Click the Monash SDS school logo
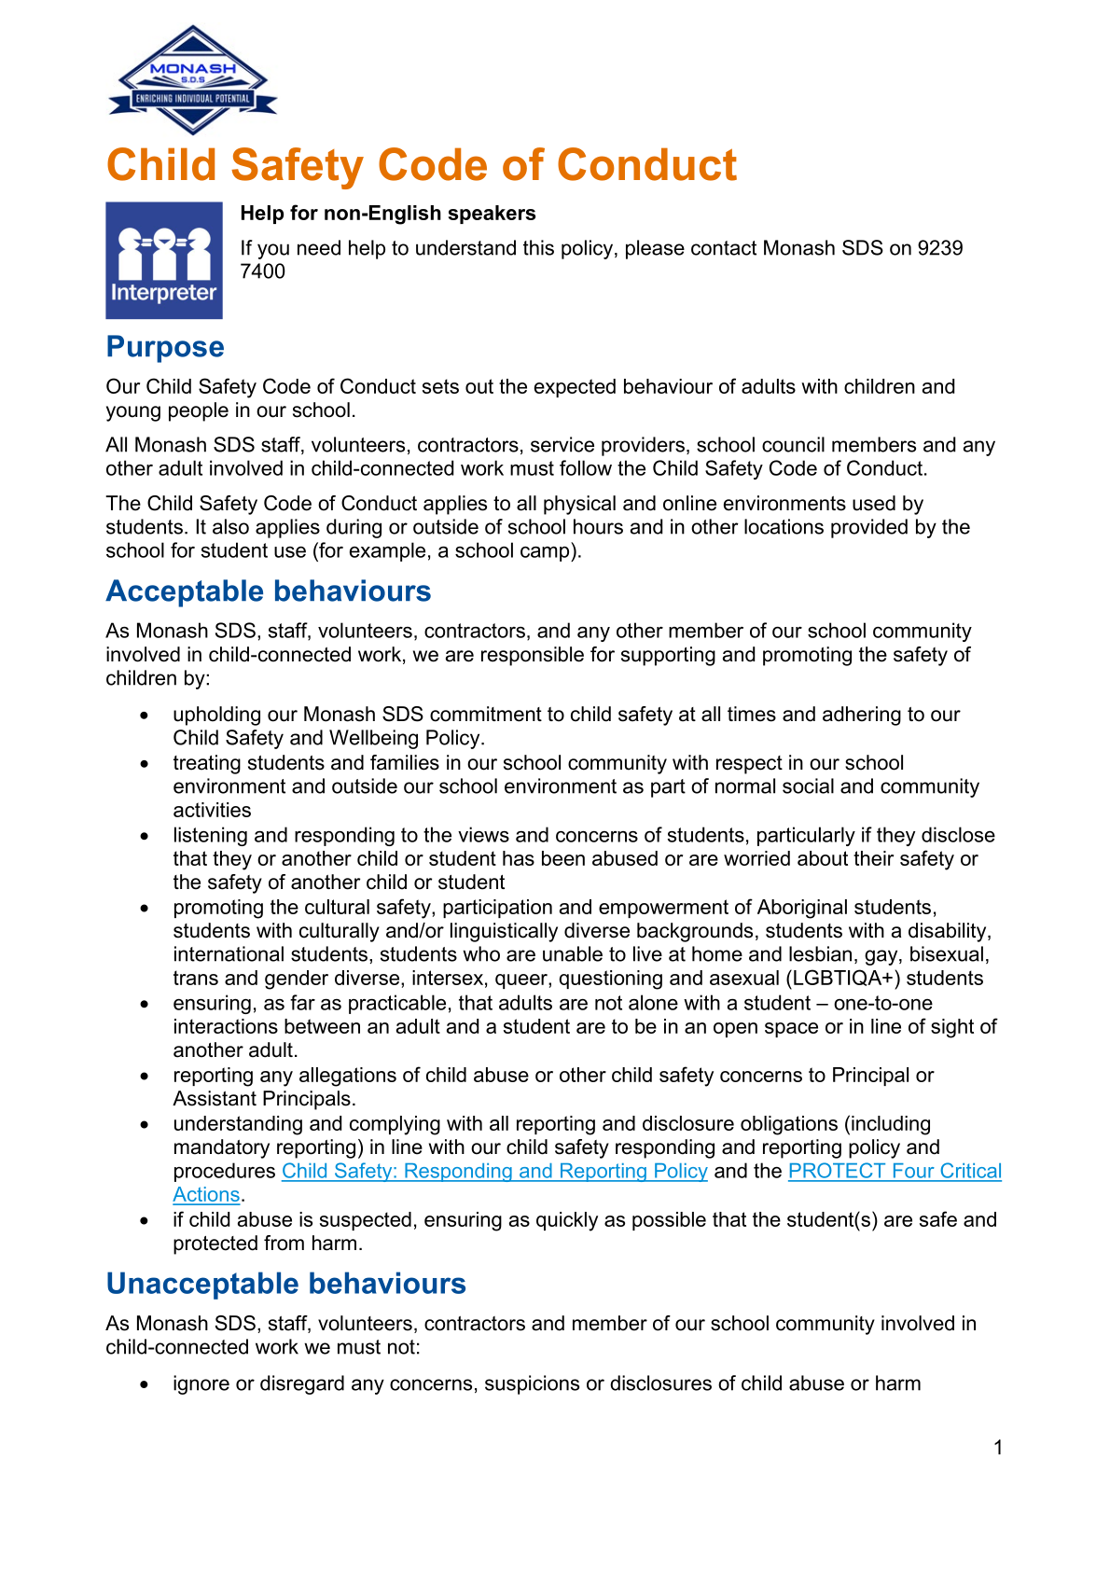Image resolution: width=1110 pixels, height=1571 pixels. pyautogui.click(x=193, y=80)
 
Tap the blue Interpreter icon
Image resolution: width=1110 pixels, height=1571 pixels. pyautogui.click(x=164, y=260)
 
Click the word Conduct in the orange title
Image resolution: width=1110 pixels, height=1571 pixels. pyautogui.click(x=646, y=165)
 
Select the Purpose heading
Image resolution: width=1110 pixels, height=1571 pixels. pyautogui.click(x=165, y=347)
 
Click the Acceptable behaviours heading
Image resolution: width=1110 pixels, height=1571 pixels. pyautogui.click(x=269, y=591)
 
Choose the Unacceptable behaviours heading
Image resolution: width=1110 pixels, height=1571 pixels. pyautogui.click(x=285, y=1284)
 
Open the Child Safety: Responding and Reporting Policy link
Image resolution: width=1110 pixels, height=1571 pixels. pyautogui.click(x=494, y=1171)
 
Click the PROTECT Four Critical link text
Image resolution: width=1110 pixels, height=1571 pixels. pyautogui.click(x=895, y=1171)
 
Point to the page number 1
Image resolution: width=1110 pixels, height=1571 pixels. pyautogui.click(x=998, y=1448)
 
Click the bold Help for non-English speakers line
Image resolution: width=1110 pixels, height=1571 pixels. pyautogui.click(x=388, y=214)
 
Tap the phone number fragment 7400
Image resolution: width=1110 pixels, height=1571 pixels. pyautogui.click(x=263, y=271)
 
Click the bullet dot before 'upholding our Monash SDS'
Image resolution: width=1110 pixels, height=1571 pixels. pyautogui.click(x=144, y=716)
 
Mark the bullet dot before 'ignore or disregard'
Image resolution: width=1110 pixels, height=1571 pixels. pyautogui.click(x=144, y=1384)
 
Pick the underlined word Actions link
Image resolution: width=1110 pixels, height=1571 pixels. pyautogui.click(x=206, y=1195)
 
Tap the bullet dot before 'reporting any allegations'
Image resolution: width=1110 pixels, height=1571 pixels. pyautogui.click(x=144, y=1076)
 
